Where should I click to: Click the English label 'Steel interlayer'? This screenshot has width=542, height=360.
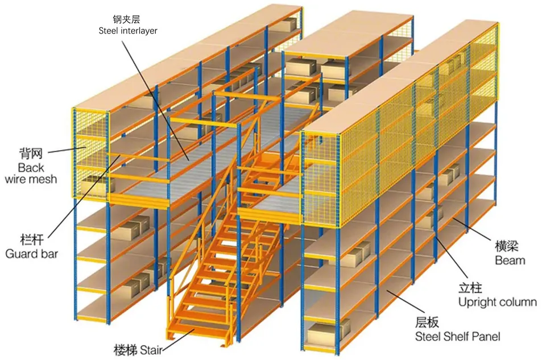pyautogui.click(x=128, y=30)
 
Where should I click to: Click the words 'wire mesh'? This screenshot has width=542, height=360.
pyautogui.click(x=31, y=179)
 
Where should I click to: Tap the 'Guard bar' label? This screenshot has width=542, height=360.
pyautogui.click(x=31, y=254)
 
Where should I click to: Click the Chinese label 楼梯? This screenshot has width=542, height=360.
pyautogui.click(x=125, y=349)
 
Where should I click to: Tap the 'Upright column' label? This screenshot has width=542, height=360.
pyautogui.click(x=497, y=302)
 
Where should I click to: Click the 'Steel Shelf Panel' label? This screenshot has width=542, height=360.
pyautogui.click(x=457, y=337)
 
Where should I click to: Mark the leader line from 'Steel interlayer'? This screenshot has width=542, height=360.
pyautogui.click(x=159, y=97)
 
